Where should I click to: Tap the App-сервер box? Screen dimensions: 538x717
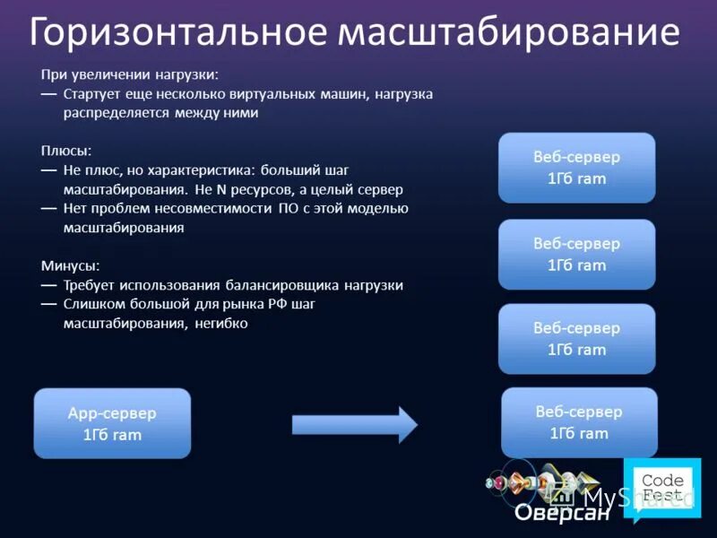112,423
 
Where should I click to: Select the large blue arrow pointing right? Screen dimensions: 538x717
355,424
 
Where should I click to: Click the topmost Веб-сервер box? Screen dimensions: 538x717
576,168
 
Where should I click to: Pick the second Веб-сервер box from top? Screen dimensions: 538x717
576,254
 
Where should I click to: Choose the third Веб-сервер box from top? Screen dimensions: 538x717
576,339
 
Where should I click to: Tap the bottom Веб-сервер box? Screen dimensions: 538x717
578,422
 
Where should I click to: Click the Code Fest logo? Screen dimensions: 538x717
663,490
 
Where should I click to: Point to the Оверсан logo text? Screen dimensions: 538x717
562,515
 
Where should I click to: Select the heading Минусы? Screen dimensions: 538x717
70,265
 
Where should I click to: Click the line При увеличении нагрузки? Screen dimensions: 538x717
129,74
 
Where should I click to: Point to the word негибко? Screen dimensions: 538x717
220,324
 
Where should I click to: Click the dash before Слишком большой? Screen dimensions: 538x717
48,305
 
